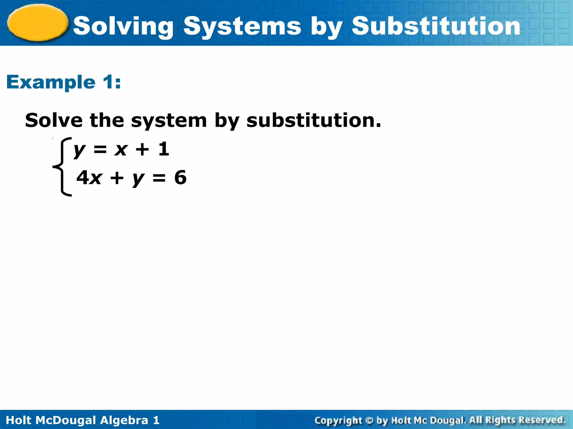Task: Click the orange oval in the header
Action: (x=38, y=23)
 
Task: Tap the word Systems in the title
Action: (x=242, y=27)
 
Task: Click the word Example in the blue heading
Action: (x=51, y=83)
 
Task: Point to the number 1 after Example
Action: (x=109, y=82)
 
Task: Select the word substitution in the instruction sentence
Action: (x=313, y=120)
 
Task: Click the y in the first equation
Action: (x=79, y=150)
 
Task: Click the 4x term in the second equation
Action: (x=89, y=178)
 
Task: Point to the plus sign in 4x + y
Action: (x=117, y=178)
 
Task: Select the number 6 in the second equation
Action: (x=180, y=177)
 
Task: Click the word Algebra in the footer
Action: (x=124, y=420)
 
